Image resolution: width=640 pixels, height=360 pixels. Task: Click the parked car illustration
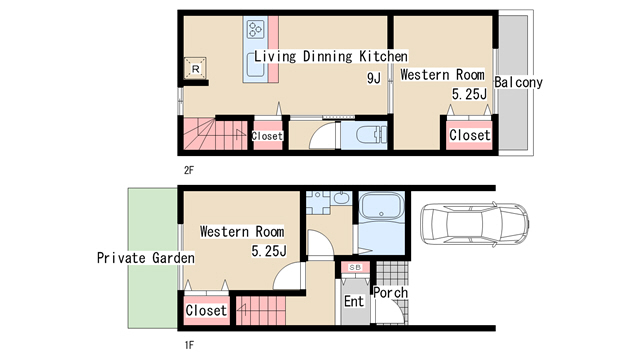(474, 224)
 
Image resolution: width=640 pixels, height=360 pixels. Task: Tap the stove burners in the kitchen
(256, 29)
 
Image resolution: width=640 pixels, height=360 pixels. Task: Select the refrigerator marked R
(195, 68)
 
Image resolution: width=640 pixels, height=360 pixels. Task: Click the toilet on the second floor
(371, 135)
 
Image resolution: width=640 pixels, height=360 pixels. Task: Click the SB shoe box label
(355, 268)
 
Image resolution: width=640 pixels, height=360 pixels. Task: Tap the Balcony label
(518, 82)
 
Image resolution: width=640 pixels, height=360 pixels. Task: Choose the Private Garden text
(146, 258)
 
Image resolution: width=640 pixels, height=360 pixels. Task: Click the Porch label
(391, 293)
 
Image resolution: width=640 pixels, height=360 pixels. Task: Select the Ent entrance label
(354, 301)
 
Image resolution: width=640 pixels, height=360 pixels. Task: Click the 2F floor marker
(189, 170)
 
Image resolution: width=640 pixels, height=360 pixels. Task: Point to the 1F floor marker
(189, 345)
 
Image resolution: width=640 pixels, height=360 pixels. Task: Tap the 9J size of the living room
(374, 78)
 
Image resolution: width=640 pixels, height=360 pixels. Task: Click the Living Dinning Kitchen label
(331, 56)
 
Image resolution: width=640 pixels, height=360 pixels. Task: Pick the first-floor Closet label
(206, 311)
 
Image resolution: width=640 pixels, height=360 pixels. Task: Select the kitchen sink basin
(256, 65)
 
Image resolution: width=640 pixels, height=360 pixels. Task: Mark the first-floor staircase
(261, 311)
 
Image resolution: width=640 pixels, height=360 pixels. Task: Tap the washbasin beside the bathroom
(341, 198)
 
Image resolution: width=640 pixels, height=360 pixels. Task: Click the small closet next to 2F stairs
(267, 136)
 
